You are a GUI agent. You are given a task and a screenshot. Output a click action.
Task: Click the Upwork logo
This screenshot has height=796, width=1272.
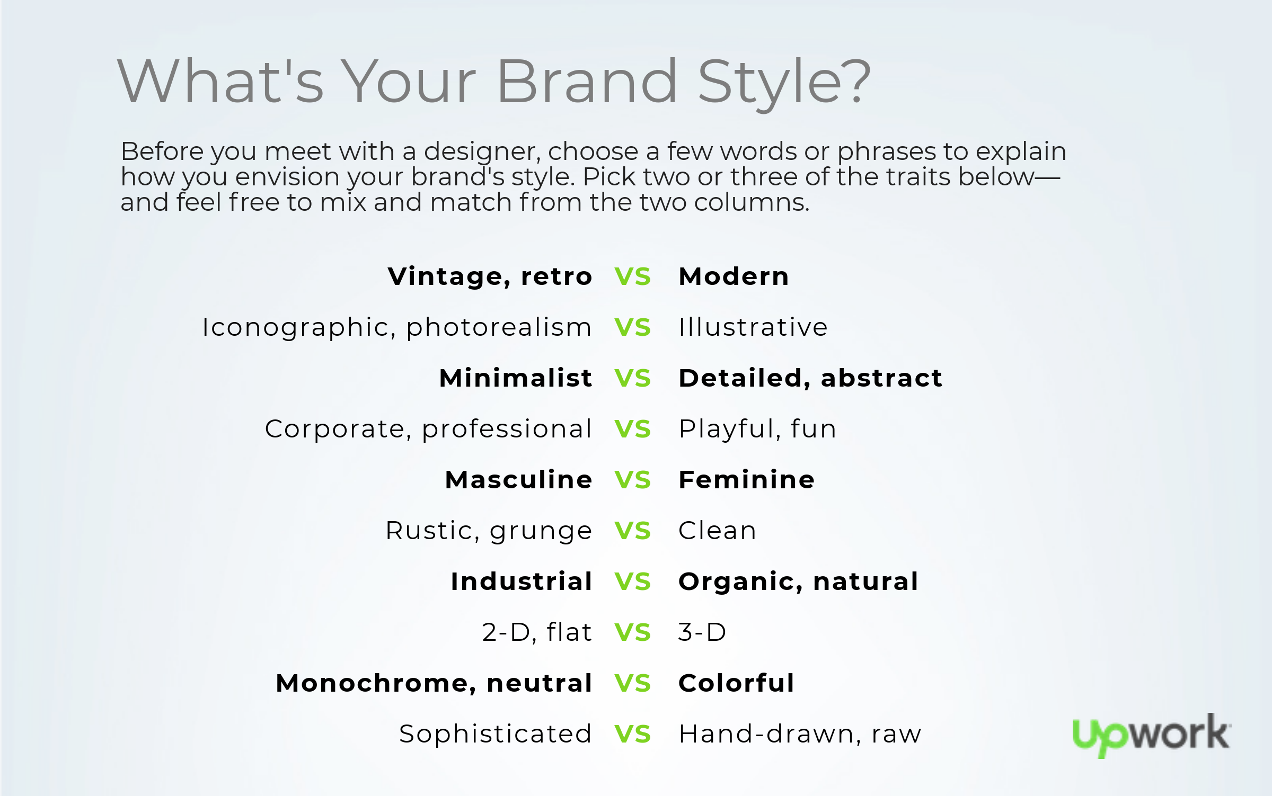coord(1151,735)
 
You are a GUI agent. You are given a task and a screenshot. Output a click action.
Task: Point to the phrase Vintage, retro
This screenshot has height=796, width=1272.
coord(490,276)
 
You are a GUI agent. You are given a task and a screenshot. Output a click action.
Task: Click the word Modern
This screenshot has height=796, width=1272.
coord(734,276)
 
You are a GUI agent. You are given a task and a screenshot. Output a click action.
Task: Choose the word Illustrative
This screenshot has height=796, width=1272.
coord(753,327)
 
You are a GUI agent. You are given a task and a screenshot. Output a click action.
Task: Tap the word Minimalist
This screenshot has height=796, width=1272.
coord(516,378)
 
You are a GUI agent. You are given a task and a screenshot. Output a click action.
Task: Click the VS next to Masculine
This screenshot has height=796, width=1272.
coord(632,480)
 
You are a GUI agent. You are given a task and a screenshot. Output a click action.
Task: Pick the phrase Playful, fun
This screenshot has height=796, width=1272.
coord(757,430)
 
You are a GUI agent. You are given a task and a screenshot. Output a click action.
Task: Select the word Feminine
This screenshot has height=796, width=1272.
coord(746,480)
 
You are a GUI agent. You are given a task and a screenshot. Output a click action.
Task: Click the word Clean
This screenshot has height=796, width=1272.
coord(717,531)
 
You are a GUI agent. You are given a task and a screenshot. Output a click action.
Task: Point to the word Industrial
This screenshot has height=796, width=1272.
coord(522,582)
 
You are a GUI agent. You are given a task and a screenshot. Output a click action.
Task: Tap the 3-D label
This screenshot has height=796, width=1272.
coord(702,632)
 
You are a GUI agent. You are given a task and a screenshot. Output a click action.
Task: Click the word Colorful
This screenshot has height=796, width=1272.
coord(736,683)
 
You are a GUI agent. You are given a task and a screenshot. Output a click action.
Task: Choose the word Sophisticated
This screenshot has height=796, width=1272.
coord(495,734)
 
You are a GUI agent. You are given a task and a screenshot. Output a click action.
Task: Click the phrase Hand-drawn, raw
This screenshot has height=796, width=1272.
coord(800,734)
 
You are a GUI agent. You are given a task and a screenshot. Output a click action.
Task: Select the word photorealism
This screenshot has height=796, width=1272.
coord(499,327)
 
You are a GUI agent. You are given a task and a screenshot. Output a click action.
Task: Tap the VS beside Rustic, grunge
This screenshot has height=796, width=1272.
coord(632,531)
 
